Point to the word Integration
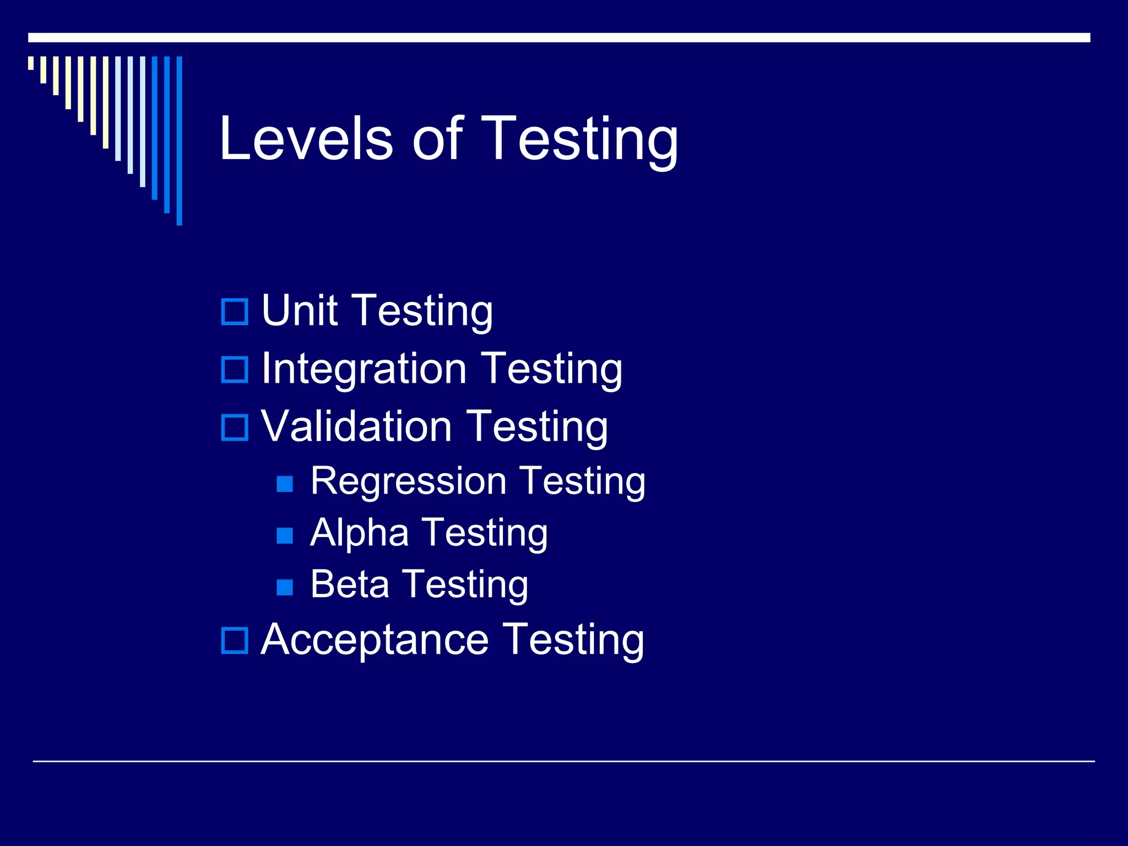[x=364, y=369]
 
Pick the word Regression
[x=408, y=481]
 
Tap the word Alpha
[x=359, y=533]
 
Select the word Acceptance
[x=375, y=639]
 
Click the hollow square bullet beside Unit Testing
[x=235, y=312]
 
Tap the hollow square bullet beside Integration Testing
[x=235, y=370]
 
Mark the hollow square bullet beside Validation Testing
[x=235, y=427]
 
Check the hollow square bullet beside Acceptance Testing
[x=235, y=641]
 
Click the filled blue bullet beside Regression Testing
[x=285, y=484]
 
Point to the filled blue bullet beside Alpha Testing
[x=285, y=535]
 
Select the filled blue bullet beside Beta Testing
[x=285, y=587]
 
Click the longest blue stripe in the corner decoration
[x=179, y=140]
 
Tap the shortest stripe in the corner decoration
[x=31, y=63]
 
